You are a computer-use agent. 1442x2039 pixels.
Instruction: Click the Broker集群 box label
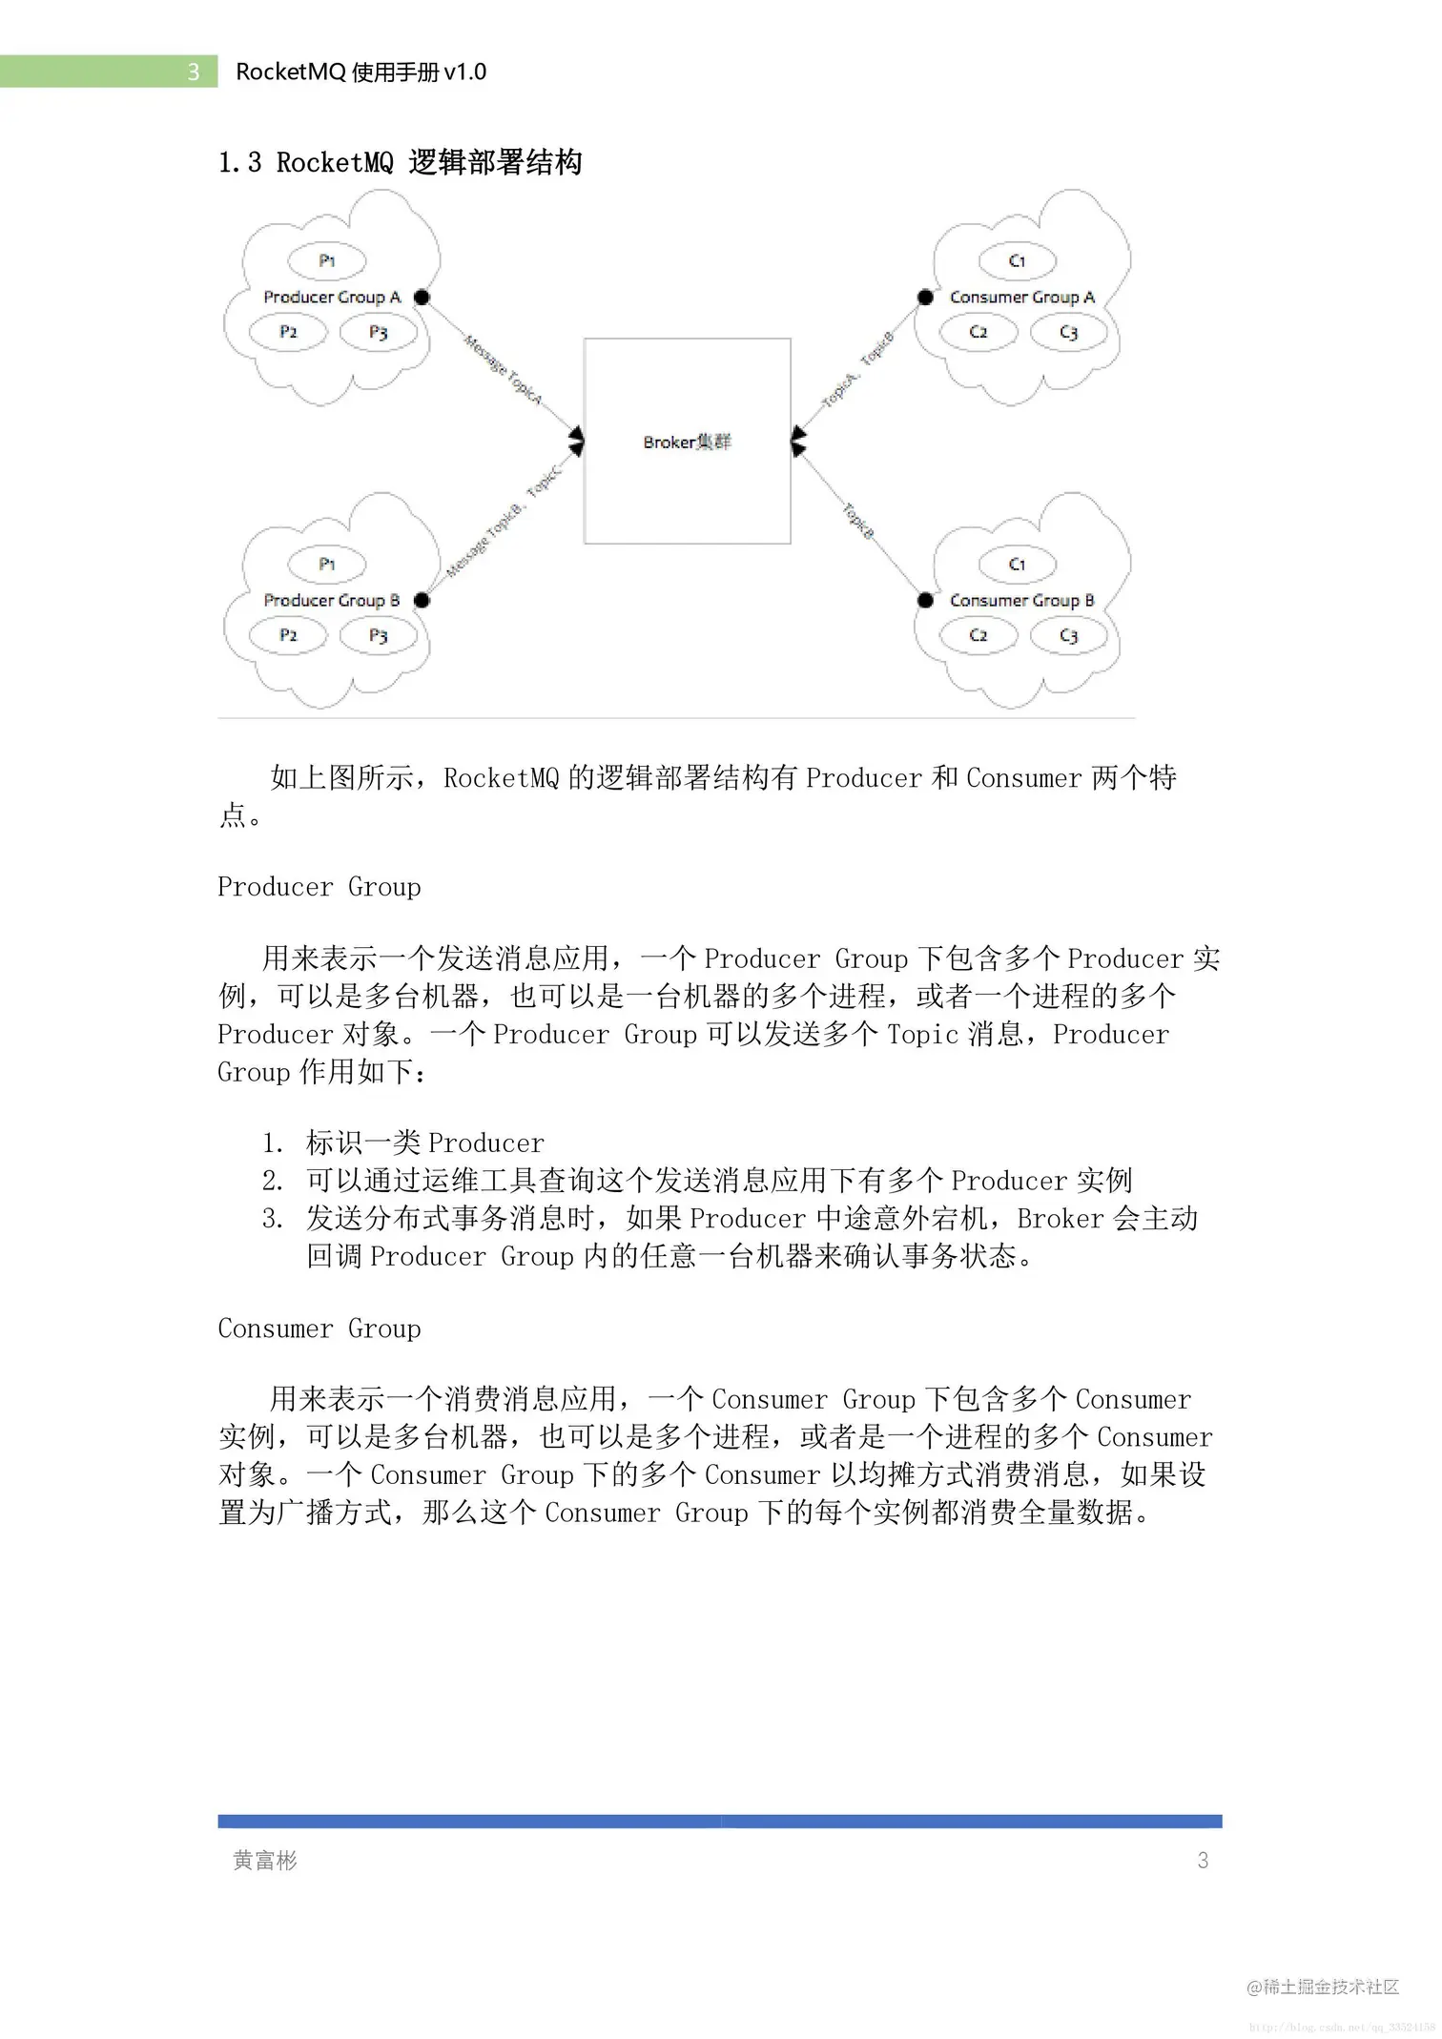(687, 443)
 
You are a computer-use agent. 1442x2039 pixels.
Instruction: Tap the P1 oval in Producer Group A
(327, 261)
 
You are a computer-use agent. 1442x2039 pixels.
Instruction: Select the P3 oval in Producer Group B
(379, 636)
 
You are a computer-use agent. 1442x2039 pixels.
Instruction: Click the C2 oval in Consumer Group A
(978, 333)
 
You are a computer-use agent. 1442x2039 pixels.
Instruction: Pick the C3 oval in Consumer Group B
(1068, 636)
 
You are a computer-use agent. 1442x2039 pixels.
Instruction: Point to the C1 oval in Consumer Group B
(1018, 565)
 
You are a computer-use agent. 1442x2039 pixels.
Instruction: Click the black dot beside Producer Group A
(422, 298)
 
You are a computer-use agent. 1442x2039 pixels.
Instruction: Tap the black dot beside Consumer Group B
(925, 600)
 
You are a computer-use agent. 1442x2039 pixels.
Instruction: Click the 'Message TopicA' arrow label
(504, 369)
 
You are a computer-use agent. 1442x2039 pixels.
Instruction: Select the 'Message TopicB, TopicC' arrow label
(504, 522)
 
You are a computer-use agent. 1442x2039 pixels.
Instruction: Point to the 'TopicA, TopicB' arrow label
(857, 370)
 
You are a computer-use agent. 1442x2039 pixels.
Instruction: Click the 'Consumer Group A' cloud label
(1021, 298)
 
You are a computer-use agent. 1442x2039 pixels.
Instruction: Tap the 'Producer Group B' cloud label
(331, 601)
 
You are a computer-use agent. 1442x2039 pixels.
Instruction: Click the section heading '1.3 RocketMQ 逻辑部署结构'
(400, 163)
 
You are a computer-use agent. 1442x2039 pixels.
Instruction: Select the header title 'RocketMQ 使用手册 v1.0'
(360, 72)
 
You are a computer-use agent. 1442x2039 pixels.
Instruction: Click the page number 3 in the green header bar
(194, 72)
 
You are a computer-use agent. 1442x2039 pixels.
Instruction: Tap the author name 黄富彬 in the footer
(265, 1861)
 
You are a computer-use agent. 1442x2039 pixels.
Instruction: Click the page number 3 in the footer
(1203, 1861)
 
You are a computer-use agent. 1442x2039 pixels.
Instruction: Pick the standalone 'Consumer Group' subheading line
(319, 1328)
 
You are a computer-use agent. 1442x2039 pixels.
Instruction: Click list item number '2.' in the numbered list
(273, 1181)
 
